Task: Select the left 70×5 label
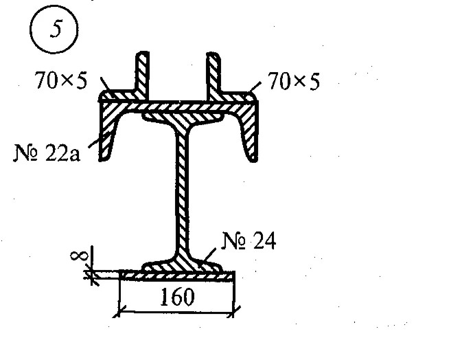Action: coord(60,82)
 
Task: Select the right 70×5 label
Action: coord(294,82)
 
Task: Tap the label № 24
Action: coord(249,241)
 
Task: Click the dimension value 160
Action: coord(176,297)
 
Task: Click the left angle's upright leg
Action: coord(143,72)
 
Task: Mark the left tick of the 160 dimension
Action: coord(119,312)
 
